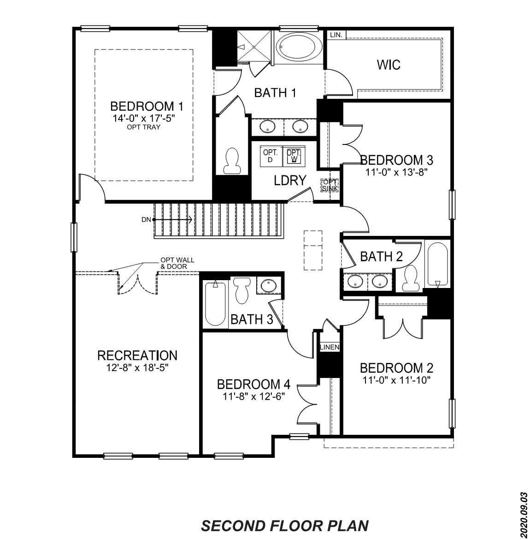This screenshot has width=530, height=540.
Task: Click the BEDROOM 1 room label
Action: click(147, 107)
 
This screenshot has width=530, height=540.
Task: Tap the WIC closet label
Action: click(389, 65)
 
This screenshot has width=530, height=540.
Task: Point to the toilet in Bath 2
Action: click(410, 278)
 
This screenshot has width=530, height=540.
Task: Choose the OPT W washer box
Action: click(293, 156)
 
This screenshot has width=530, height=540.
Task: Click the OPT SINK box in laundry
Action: click(330, 185)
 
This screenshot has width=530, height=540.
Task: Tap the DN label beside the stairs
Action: click(146, 220)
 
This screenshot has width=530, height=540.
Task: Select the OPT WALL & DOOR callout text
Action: click(177, 263)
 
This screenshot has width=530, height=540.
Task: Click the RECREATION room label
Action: click(137, 355)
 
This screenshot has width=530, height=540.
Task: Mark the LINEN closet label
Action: click(330, 347)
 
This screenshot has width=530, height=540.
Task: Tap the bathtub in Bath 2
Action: click(437, 264)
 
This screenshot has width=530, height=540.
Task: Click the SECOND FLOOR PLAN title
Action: click(285, 525)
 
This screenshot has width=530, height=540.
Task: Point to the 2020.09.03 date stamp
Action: click(523, 515)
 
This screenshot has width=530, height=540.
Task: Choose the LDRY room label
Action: click(290, 180)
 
